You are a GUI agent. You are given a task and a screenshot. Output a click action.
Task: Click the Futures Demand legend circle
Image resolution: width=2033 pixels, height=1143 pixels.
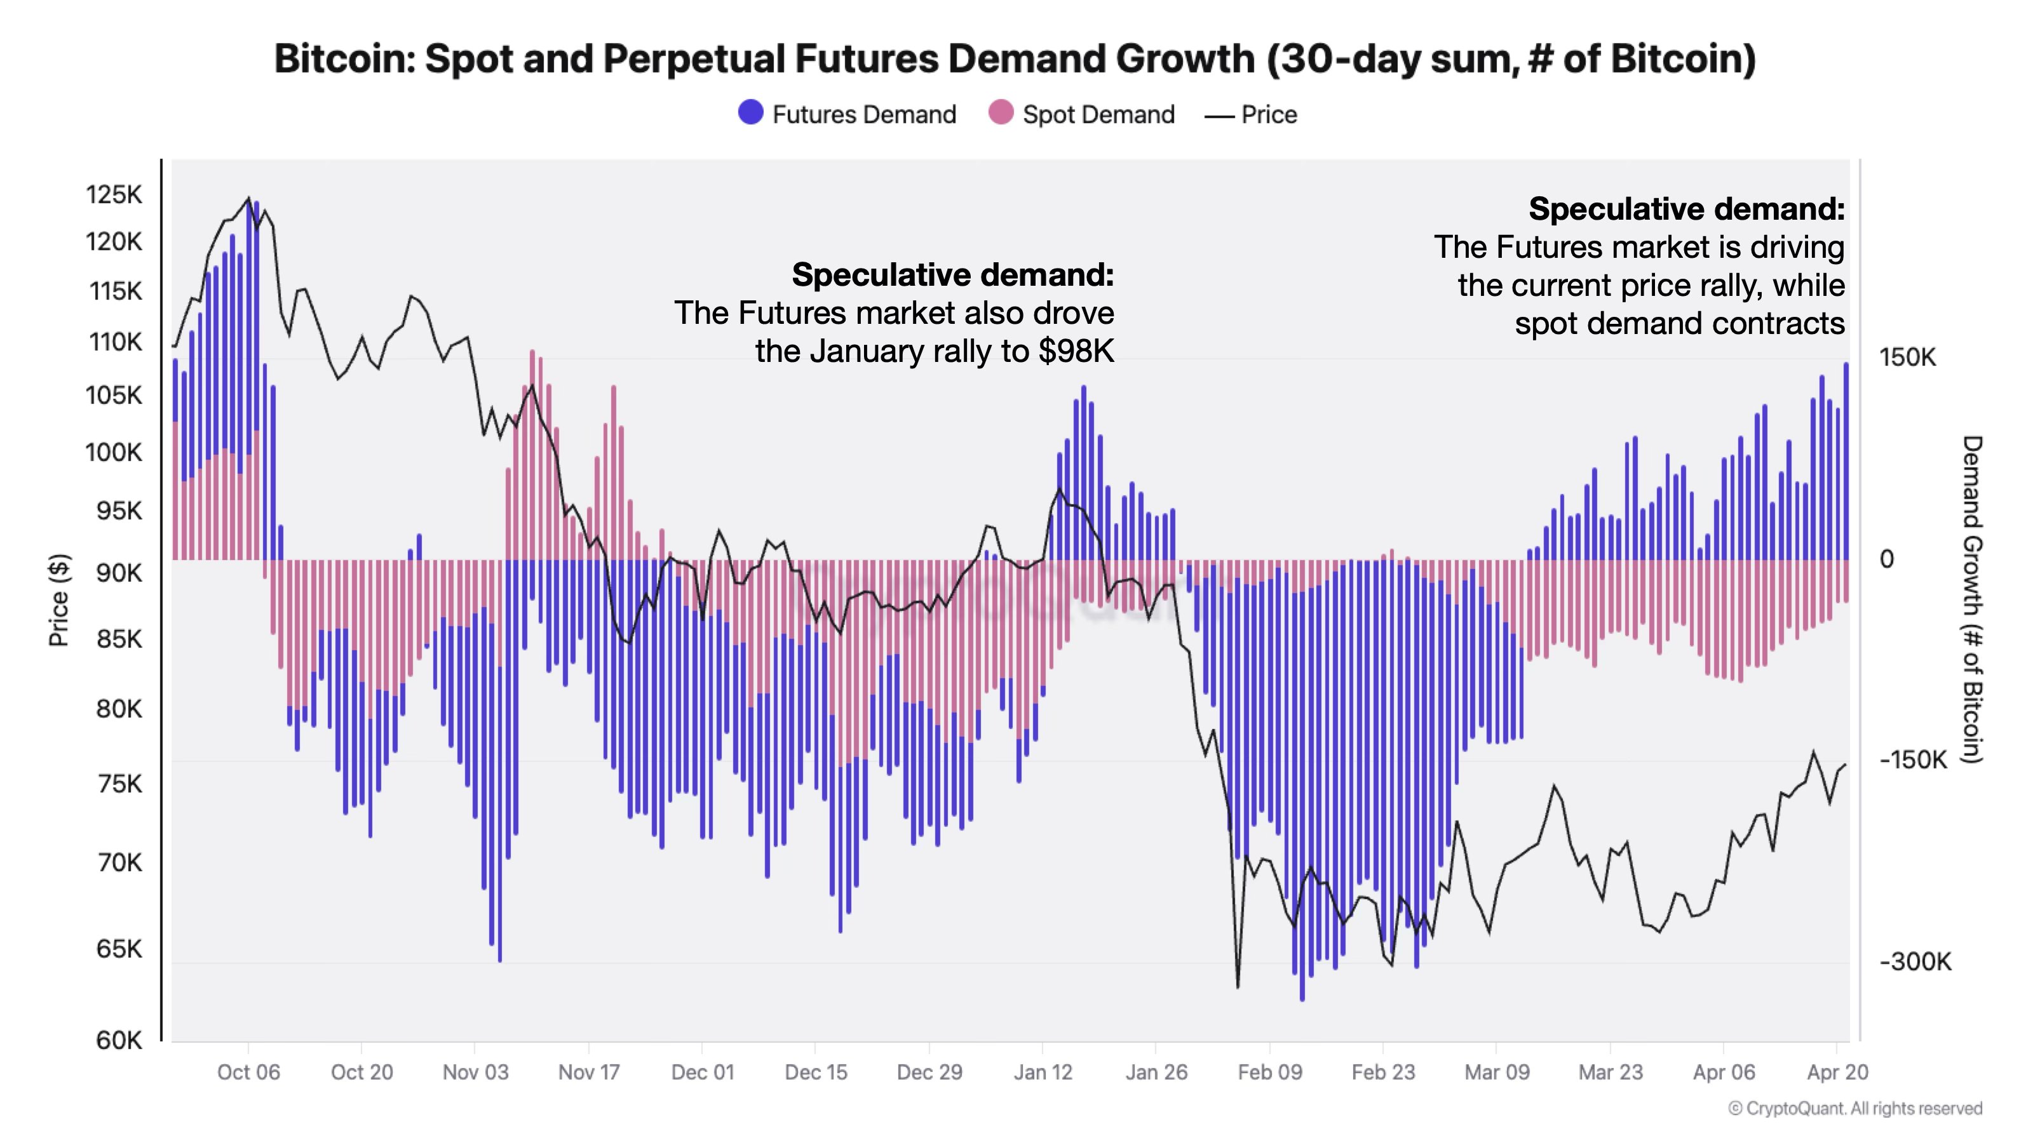coord(750,113)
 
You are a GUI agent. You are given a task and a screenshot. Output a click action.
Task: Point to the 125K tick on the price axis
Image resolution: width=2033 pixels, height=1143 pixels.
coord(114,194)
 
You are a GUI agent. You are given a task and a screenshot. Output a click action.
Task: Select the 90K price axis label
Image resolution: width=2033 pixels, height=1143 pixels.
coord(118,573)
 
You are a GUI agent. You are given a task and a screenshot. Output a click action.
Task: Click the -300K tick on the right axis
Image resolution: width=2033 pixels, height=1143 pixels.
coord(1915,961)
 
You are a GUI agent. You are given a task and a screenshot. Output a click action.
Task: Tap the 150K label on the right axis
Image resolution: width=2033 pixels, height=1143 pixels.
coord(1907,358)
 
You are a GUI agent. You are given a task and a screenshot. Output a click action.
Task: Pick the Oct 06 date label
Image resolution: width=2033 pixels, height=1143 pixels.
coord(248,1072)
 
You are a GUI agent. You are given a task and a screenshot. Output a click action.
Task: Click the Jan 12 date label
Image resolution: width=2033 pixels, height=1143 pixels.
coord(1043,1072)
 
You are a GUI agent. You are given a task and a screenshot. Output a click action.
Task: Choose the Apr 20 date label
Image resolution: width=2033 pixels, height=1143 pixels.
coord(1837,1072)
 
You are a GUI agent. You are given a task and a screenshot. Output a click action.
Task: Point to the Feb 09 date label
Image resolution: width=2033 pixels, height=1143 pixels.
coord(1269,1072)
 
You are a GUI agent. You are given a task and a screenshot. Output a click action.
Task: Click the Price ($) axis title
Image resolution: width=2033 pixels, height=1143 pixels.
coord(59,600)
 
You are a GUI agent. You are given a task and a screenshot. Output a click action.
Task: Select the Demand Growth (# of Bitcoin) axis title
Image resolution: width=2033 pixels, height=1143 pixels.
coord(1971,599)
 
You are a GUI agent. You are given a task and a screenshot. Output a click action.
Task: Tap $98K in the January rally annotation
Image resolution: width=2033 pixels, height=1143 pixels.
coord(1076,351)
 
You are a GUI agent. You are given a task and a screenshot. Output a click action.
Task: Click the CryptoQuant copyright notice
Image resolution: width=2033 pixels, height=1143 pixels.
coord(1854,1108)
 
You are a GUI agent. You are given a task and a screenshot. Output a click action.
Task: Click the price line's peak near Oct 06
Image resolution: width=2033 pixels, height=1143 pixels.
coord(248,198)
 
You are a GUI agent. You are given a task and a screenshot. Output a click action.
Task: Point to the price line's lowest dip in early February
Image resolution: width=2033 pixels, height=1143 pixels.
coord(1238,987)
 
